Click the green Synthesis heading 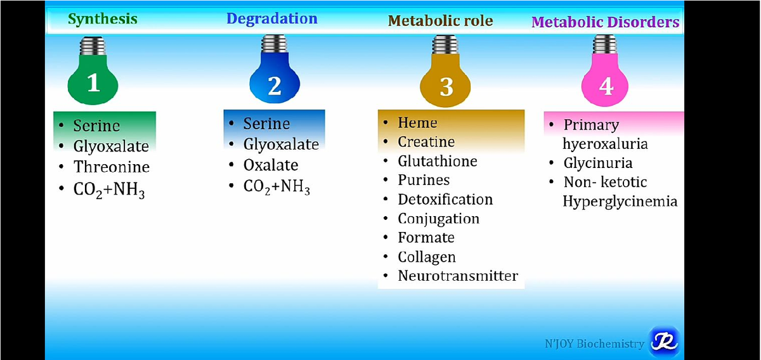[103, 19]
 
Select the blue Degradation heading [272, 18]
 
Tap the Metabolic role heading [440, 21]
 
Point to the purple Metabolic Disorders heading [606, 22]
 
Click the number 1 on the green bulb [94, 82]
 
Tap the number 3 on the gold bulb [446, 87]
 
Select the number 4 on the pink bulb [606, 86]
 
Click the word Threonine [112, 167]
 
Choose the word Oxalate [271, 165]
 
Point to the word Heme [417, 122]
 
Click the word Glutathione [438, 161]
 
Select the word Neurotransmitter [458, 276]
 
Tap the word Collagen [427, 257]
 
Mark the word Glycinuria [598, 164]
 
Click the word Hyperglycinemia [620, 202]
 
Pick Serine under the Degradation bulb [267, 124]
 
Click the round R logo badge [664, 342]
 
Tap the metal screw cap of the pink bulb [605, 44]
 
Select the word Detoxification [445, 200]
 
